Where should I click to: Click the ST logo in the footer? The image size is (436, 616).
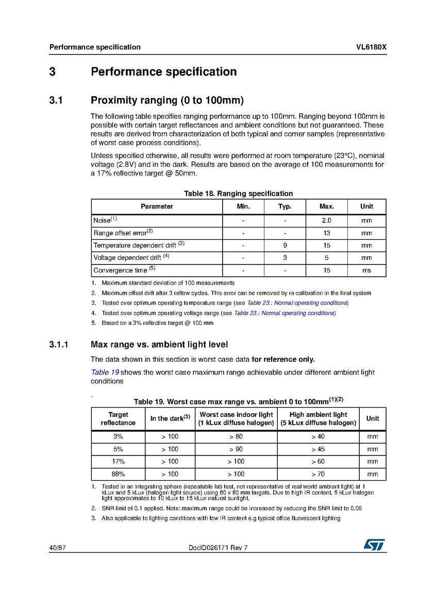(x=374, y=545)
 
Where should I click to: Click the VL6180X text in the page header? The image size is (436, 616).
(x=371, y=47)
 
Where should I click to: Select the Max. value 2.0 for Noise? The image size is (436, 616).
(x=326, y=220)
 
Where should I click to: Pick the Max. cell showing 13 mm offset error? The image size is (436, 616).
(x=326, y=233)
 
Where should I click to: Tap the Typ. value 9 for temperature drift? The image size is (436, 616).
(x=285, y=245)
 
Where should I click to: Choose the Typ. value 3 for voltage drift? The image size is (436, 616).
(x=285, y=258)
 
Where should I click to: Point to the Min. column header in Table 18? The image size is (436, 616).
(x=243, y=206)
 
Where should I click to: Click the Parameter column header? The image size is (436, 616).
(x=157, y=206)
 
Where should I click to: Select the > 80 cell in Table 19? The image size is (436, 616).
(x=236, y=436)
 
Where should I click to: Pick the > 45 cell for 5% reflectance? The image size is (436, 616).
(x=318, y=449)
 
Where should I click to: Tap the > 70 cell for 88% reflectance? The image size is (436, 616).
(x=318, y=474)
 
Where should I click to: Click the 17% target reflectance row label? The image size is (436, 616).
(x=118, y=462)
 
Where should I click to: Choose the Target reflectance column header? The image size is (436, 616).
(x=118, y=418)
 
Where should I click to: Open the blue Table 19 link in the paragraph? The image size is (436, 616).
(x=105, y=372)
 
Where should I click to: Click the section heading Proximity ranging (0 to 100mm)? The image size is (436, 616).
(x=167, y=100)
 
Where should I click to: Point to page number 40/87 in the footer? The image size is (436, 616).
(x=57, y=548)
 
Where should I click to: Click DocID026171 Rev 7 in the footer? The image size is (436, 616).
(x=219, y=548)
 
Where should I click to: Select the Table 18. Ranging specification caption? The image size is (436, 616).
(x=239, y=193)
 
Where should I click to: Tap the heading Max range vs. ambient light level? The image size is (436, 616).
(x=159, y=344)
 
